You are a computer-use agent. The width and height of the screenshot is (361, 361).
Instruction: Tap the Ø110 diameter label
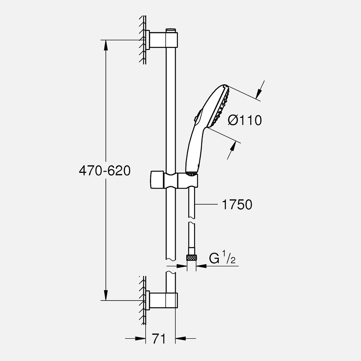[x=245, y=120]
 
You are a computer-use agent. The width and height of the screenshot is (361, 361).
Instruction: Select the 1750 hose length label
[x=237, y=205]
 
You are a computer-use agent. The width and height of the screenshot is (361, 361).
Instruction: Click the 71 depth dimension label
[x=158, y=339]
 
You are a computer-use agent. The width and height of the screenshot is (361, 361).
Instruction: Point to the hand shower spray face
[x=222, y=106]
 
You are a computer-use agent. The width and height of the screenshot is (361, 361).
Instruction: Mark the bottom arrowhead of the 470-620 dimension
[x=106, y=296]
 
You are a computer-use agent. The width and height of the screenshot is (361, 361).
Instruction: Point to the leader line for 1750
[x=206, y=205]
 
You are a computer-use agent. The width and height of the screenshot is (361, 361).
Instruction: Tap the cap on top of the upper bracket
[x=170, y=30]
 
